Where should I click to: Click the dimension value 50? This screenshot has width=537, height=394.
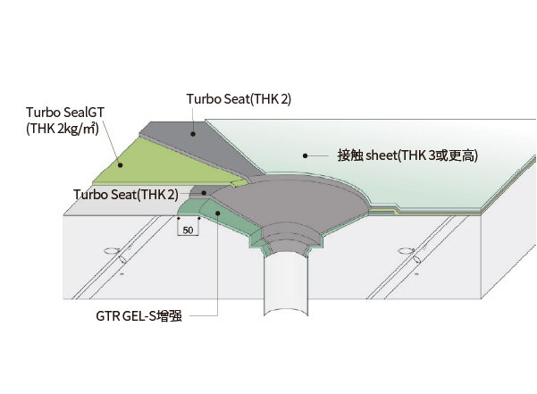[188, 230]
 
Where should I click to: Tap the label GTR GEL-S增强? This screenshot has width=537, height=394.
[138, 316]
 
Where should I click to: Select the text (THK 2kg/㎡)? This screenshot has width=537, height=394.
[63, 129]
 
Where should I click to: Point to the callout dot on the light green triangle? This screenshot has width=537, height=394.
[121, 165]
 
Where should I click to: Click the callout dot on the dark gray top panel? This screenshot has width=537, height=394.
[193, 134]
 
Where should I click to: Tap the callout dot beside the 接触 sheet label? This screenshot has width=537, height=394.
[306, 155]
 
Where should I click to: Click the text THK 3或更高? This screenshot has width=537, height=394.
[438, 155]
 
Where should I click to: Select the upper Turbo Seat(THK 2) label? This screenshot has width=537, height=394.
[239, 99]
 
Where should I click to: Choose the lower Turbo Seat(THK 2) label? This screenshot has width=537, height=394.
[126, 195]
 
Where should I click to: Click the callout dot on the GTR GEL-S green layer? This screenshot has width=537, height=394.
[217, 213]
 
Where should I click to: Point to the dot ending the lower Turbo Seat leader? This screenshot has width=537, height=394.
[204, 193]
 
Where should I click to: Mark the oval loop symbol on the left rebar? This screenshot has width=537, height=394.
[112, 251]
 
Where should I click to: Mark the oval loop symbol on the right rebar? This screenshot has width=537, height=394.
[407, 251]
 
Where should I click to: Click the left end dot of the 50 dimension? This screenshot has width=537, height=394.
[179, 218]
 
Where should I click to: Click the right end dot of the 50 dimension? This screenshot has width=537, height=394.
[199, 218]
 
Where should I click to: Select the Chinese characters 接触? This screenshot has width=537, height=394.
[349, 155]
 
